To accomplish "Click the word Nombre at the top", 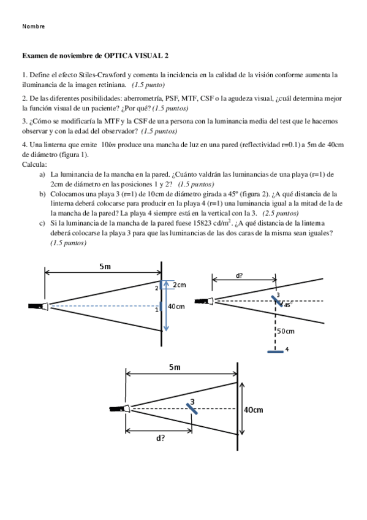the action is (34, 26).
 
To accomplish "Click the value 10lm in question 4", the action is (108, 145).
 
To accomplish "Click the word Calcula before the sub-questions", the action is (34, 164).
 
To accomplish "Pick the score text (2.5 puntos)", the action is (281, 213).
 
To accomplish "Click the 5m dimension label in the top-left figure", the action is (105, 266).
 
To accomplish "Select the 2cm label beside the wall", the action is (180, 285).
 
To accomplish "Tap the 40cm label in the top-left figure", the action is (176, 307).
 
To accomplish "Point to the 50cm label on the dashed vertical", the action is (286, 331).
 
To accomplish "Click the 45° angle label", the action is (287, 305).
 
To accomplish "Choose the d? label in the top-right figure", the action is (239, 275).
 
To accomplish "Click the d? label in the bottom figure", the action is (161, 438).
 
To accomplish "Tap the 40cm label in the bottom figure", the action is (254, 410).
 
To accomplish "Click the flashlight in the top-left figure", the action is (39, 306).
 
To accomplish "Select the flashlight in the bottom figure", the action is (119, 408).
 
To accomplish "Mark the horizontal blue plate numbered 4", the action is (276, 351).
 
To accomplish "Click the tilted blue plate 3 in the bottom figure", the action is (192, 408).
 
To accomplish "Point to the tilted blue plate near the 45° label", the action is (278, 301).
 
